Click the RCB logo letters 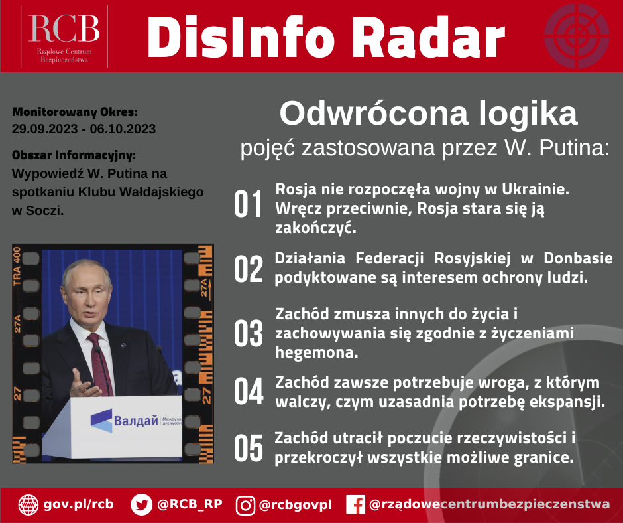click(x=64, y=29)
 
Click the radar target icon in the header click(x=577, y=36)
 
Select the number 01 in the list click(x=249, y=204)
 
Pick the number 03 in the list click(x=249, y=333)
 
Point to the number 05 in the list click(x=249, y=448)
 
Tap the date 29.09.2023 click(x=44, y=129)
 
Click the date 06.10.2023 click(x=123, y=129)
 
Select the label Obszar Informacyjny click(x=74, y=155)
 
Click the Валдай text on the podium click(x=136, y=421)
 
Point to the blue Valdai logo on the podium click(x=101, y=421)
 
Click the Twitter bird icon click(x=141, y=504)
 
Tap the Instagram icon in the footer click(x=245, y=506)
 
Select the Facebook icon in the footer click(x=356, y=504)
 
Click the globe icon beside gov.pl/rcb click(x=28, y=505)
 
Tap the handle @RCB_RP click(x=190, y=504)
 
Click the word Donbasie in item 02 click(x=578, y=258)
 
